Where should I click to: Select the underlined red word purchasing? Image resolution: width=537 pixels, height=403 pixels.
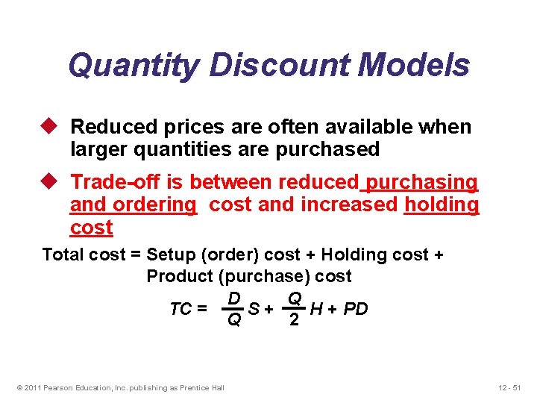(x=422, y=182)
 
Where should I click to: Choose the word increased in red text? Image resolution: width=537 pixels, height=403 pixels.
(x=348, y=204)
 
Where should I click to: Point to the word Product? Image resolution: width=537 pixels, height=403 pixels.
(x=180, y=276)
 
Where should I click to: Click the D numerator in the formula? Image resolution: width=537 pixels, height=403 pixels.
(x=233, y=299)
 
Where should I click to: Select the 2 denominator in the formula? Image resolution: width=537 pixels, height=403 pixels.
(x=295, y=319)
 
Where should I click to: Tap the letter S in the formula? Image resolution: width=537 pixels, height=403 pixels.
(x=254, y=309)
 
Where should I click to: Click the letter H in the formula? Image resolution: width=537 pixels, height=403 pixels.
(x=316, y=309)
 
